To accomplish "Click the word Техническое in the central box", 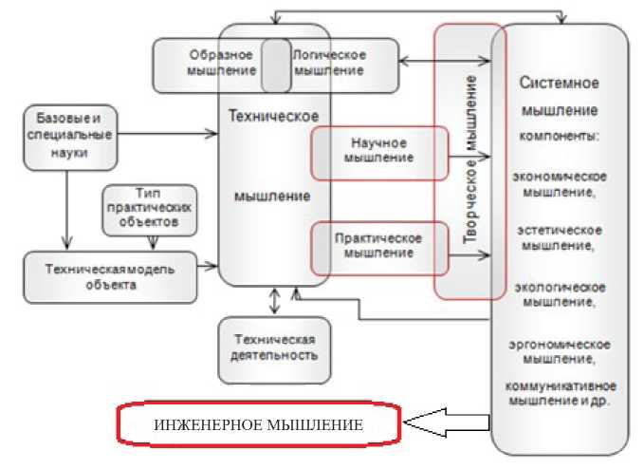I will pyautogui.click(x=274, y=115).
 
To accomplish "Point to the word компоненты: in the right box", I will pyautogui.click(x=560, y=136).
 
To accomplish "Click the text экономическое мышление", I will pyautogui.click(x=560, y=182).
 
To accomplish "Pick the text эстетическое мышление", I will pyautogui.click(x=560, y=237).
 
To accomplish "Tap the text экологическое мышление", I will pyautogui.click(x=560, y=293).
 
